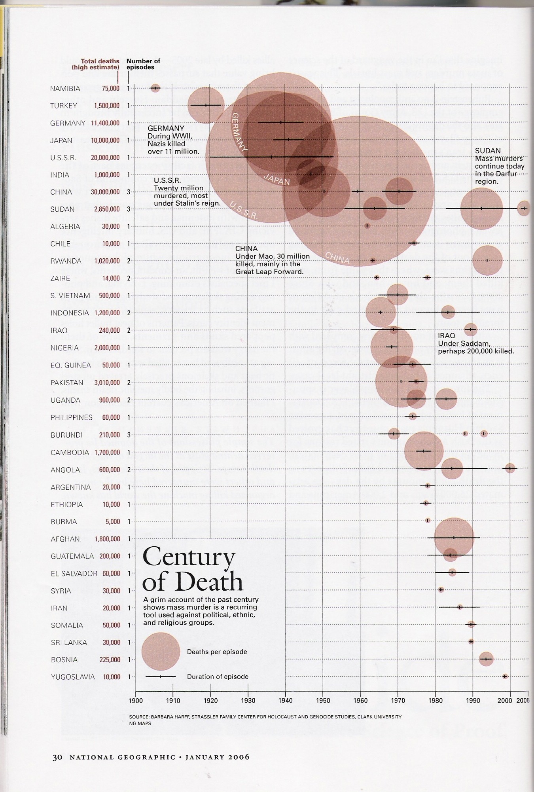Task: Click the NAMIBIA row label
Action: [x=65, y=89]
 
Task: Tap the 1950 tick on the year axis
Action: [x=323, y=700]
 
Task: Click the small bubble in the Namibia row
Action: [x=155, y=88]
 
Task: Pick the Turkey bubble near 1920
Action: [x=206, y=105]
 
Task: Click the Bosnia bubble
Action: [x=486, y=659]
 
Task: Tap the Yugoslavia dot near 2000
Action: [x=505, y=676]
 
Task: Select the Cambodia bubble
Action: [x=423, y=451]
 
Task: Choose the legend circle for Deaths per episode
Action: [x=161, y=651]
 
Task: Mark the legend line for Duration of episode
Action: [x=161, y=677]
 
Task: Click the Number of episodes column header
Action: [x=143, y=64]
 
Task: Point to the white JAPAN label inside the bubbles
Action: [x=277, y=180]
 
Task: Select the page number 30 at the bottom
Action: [x=57, y=757]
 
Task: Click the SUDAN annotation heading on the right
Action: [x=488, y=151]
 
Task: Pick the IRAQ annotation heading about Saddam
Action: [x=447, y=336]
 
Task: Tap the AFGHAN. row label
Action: [x=66, y=539]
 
